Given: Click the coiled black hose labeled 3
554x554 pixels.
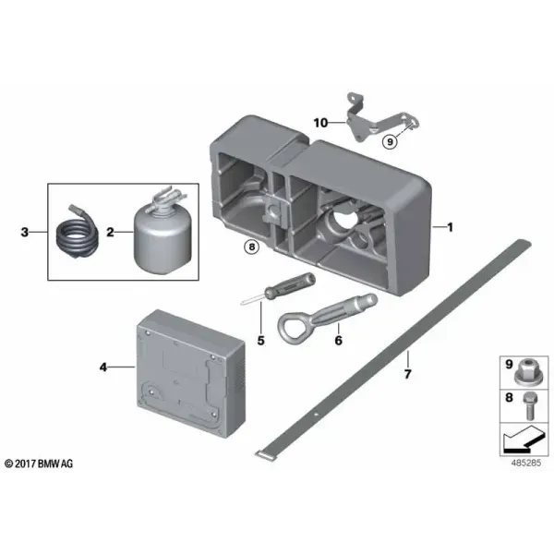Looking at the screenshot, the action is (x=78, y=234).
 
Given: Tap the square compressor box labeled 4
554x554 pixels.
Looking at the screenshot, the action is (x=190, y=374).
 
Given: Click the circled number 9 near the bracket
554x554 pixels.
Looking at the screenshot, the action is (x=390, y=141).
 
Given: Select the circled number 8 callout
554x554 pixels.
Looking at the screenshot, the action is (x=251, y=247).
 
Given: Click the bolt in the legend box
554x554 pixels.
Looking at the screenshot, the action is (x=528, y=406).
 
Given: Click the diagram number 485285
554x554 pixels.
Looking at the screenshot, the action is (x=525, y=463).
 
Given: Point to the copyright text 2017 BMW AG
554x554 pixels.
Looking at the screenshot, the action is (x=39, y=464).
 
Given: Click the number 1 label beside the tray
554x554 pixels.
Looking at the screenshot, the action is (x=450, y=227).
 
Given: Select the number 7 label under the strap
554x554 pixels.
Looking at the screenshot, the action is (x=408, y=374).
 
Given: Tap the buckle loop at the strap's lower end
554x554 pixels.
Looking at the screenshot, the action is (x=264, y=455).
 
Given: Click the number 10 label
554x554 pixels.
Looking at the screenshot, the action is (x=320, y=123).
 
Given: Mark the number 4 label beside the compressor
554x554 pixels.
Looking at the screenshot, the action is (x=102, y=367).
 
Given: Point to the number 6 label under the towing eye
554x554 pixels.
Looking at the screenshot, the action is (x=339, y=340).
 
